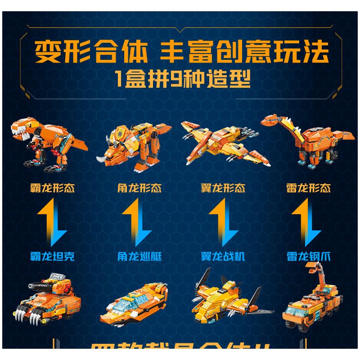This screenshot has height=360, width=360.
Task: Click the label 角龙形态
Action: pos(139,188)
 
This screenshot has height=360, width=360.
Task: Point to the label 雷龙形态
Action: pos(309,188)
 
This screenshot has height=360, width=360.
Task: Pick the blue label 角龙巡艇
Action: pos(139,256)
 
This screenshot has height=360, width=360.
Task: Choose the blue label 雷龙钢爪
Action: pos(309,256)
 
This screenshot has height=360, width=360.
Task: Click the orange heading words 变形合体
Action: pos(92,53)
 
